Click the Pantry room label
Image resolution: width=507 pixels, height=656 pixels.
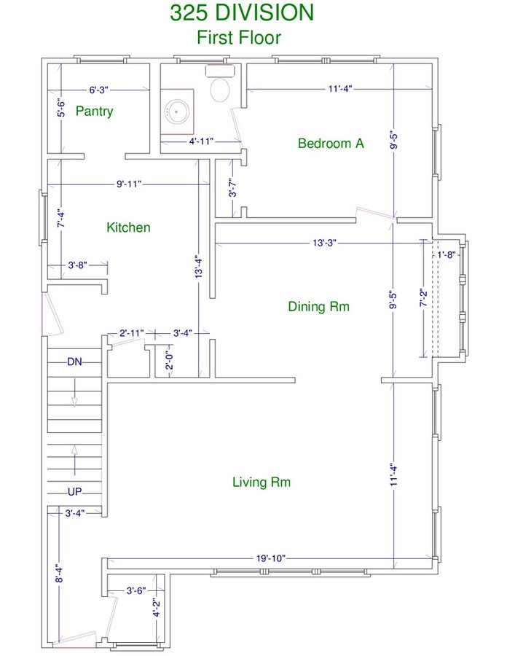pyautogui.click(x=94, y=112)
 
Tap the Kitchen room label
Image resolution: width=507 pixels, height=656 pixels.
pyautogui.click(x=128, y=227)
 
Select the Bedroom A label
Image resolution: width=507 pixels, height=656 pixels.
pyautogui.click(x=331, y=143)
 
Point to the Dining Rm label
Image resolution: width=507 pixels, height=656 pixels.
pyautogui.click(x=318, y=306)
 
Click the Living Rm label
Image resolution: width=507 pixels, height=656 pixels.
pyautogui.click(x=262, y=482)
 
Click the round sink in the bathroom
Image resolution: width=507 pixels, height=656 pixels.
pyautogui.click(x=177, y=112)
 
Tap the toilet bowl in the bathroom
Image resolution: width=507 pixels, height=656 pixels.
pyautogui.click(x=220, y=89)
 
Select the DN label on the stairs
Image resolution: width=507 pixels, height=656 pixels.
pyautogui.click(x=75, y=362)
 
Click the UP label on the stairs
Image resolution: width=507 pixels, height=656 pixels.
pyautogui.click(x=75, y=491)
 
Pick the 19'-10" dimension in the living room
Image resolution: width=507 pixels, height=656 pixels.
pyautogui.click(x=271, y=558)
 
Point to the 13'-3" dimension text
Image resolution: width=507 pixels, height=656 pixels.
pyautogui.click(x=324, y=243)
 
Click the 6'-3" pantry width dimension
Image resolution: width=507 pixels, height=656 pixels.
pyautogui.click(x=98, y=90)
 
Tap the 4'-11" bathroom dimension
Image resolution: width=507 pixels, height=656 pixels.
pyautogui.click(x=201, y=141)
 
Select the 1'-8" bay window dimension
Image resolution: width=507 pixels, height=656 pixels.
pyautogui.click(x=446, y=254)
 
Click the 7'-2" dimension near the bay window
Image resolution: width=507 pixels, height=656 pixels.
pyautogui.click(x=423, y=297)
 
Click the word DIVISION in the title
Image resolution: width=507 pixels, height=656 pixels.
pyautogui.click(x=265, y=12)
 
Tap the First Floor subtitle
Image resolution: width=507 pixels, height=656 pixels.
pyautogui.click(x=239, y=37)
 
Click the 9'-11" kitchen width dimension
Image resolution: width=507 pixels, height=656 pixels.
pyautogui.click(x=129, y=184)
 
